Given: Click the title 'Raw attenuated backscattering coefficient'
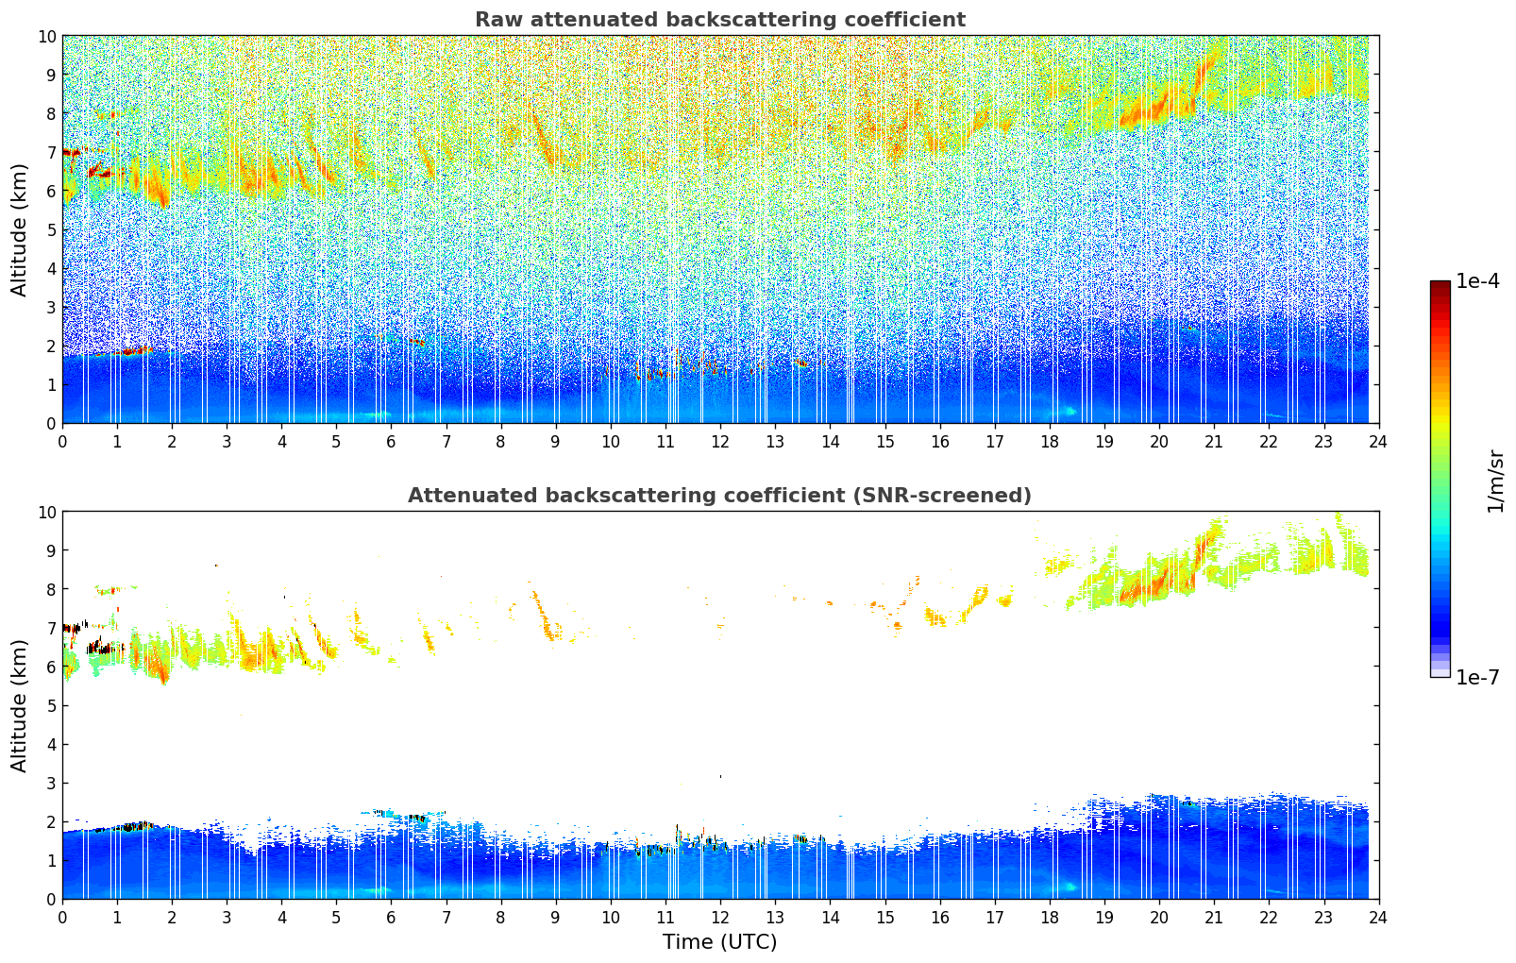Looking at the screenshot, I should [719, 20].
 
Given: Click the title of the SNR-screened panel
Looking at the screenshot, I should [719, 496].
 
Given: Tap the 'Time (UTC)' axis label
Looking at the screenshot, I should [719, 941].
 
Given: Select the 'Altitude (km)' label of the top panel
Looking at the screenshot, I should [20, 229].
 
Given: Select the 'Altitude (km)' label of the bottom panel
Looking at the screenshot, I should [20, 705].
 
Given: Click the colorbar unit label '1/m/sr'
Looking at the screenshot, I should [1494, 480].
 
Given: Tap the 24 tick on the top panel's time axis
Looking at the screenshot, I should [1378, 441].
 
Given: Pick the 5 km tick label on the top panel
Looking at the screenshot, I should [52, 229].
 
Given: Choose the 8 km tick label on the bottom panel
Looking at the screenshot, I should [52, 589].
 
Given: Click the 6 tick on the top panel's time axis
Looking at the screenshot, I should [392, 441].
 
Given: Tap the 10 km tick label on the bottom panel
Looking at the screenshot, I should [48, 512].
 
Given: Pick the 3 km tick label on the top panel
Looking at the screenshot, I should [52, 307].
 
